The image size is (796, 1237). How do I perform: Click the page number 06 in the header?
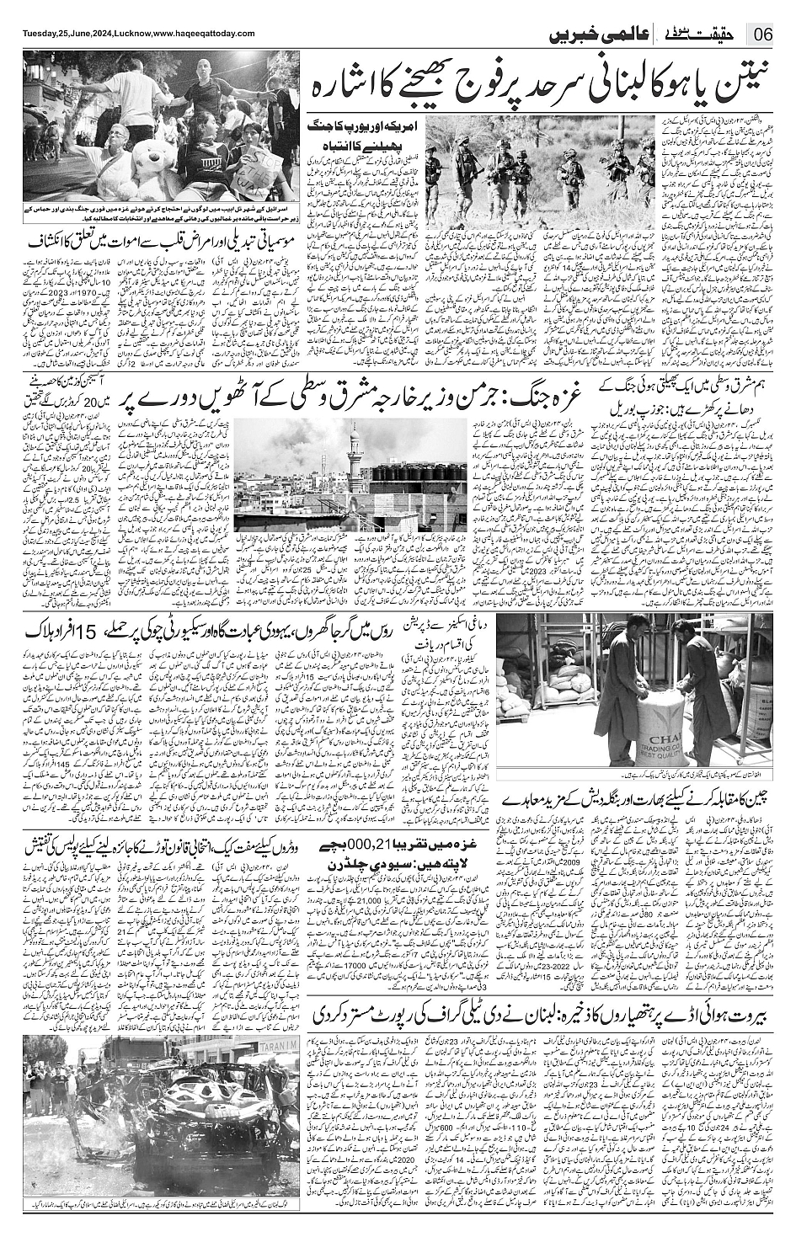(765, 35)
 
